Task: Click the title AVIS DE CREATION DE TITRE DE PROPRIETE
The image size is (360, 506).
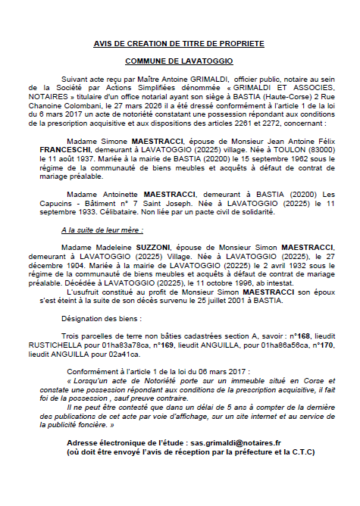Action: tap(179, 45)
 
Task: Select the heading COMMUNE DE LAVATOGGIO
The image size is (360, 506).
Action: tap(179, 59)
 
